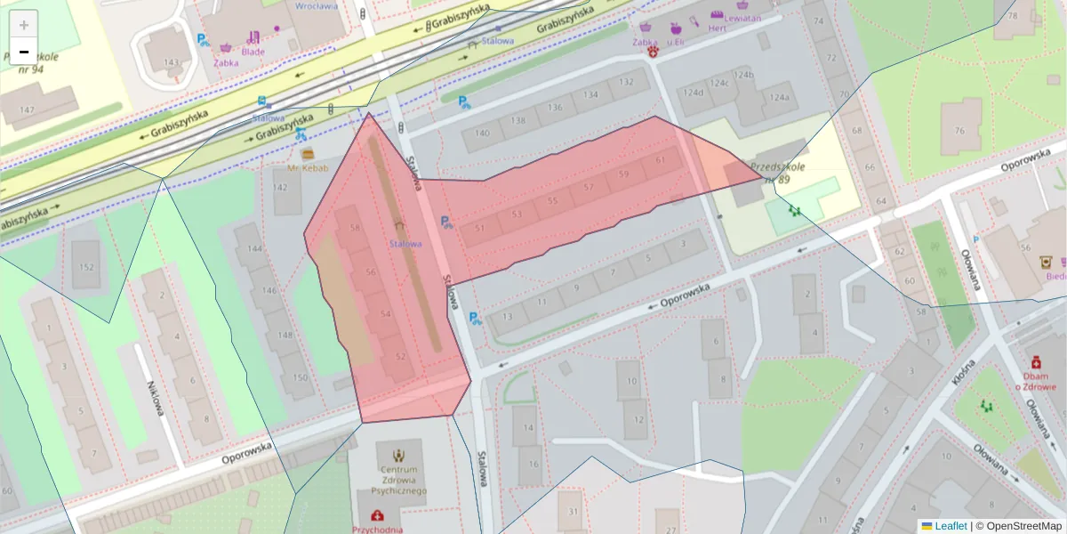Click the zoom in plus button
(24, 25)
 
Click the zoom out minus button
(24, 52)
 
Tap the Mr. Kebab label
(308, 167)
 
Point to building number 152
(86, 268)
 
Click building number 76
(959, 132)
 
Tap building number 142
(281, 188)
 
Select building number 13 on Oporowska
(507, 317)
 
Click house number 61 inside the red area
(659, 160)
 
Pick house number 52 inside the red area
(400, 357)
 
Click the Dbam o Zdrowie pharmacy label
(1036, 380)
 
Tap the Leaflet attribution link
(950, 526)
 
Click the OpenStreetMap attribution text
(1023, 526)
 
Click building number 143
(172, 62)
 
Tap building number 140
(481, 134)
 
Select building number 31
(574, 511)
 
